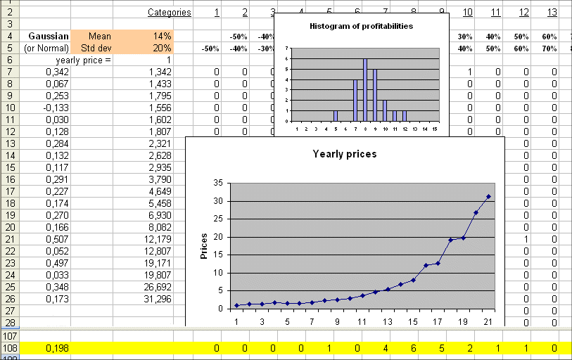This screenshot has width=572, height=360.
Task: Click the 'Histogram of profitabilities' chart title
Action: coord(361,26)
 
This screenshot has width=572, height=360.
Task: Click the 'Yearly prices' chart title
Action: coord(345,154)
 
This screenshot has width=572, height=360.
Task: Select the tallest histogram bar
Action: coord(365,90)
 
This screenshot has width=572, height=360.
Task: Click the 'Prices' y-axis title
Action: coord(204,245)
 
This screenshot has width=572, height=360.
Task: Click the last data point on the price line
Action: coord(488,196)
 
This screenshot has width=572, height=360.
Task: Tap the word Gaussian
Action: coord(49,36)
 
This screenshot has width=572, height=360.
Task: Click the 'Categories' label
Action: coord(169,12)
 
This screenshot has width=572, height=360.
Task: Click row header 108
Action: coord(11,348)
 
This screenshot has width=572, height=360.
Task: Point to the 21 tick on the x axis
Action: coord(488,321)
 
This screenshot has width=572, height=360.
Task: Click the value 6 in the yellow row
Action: coord(413,348)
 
